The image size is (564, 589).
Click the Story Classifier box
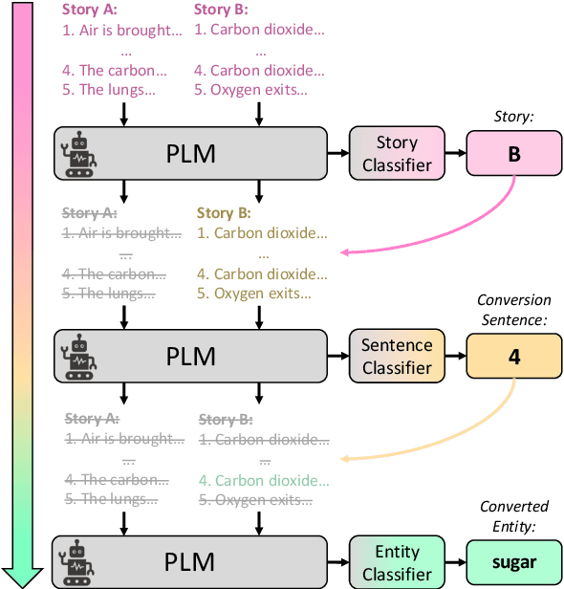tap(397, 153)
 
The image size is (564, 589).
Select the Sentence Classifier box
tap(397, 356)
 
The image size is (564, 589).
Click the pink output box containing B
tap(514, 153)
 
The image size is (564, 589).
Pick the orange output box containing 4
tap(514, 356)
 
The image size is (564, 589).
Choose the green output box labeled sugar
tap(514, 562)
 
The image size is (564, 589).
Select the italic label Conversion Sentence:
tap(514, 310)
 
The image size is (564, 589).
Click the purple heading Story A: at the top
tap(89, 11)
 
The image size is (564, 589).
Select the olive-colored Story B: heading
tap(225, 212)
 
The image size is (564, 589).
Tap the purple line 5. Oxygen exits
tap(250, 91)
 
